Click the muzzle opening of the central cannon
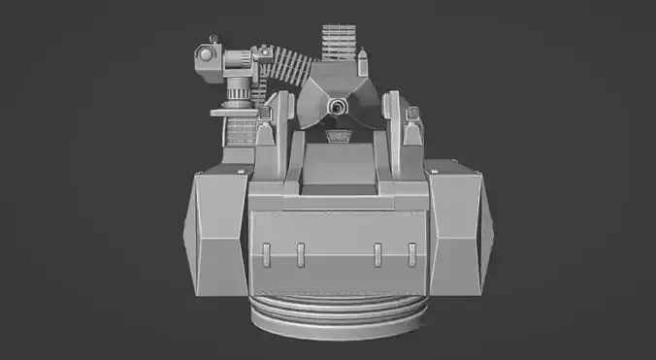point(338,105)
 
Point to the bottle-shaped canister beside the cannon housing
point(362,69)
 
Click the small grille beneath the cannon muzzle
point(339,136)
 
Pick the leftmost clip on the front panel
point(265,254)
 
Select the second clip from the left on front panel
point(301,254)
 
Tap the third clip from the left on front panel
point(377,254)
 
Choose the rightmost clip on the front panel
point(412,254)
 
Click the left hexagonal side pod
point(215,233)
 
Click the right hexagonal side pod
point(458,233)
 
